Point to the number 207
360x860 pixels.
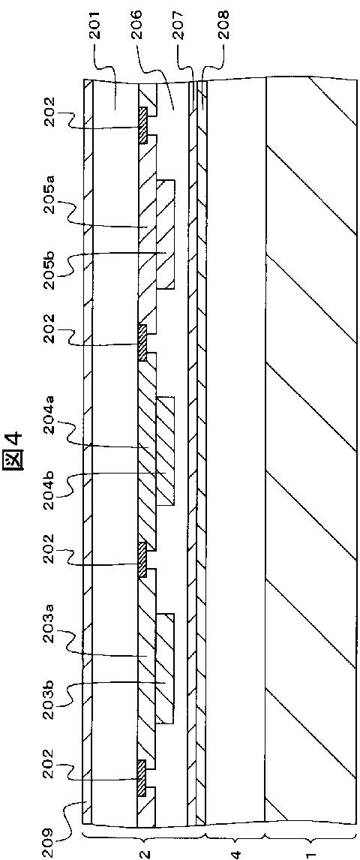coord(179,22)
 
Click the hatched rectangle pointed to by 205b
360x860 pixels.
coord(166,234)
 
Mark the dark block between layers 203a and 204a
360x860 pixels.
coord(142,560)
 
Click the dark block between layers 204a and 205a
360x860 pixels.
coord(142,343)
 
